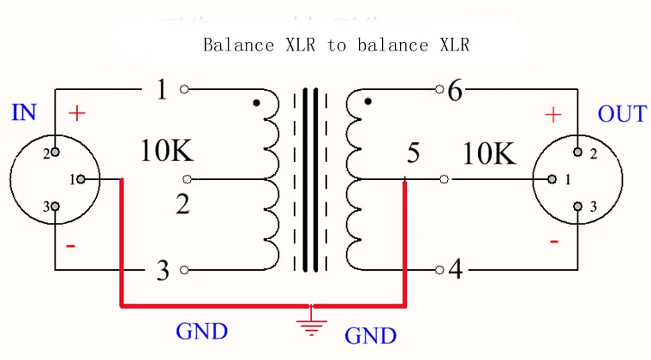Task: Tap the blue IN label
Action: click(24, 112)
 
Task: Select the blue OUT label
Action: click(622, 114)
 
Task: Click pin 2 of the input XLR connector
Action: click(55, 152)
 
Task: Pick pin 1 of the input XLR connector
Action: click(81, 179)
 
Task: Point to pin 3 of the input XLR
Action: click(55, 207)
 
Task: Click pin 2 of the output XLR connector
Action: click(577, 152)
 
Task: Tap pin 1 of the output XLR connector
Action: click(552, 179)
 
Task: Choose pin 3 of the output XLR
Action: click(577, 207)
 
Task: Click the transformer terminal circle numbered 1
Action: click(184, 89)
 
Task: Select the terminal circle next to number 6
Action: click(439, 89)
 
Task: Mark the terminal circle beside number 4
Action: click(439, 270)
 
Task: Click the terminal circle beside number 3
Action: click(184, 270)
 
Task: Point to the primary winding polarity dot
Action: click(257, 103)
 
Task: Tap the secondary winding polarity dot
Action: click(367, 101)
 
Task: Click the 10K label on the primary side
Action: click(167, 150)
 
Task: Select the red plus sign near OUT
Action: click(553, 115)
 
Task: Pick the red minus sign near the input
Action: click(70, 246)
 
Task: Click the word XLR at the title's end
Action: click(455, 45)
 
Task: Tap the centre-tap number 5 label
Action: click(413, 153)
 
